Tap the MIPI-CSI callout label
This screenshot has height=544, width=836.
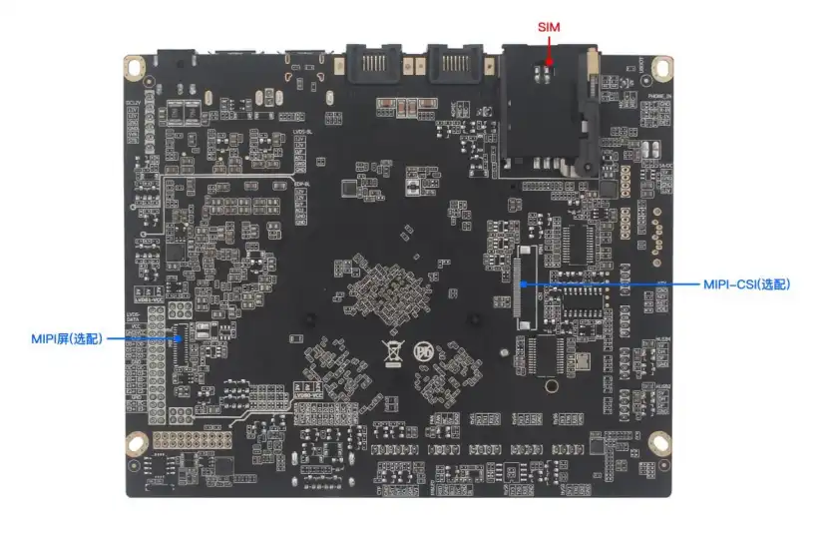pyautogui.click(x=746, y=284)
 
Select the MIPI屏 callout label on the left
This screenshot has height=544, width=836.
pyautogui.click(x=67, y=339)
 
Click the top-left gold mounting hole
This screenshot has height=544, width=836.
pyautogui.click(x=134, y=68)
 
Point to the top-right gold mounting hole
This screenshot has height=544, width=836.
pyautogui.click(x=660, y=68)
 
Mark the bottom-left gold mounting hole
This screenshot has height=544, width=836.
pyautogui.click(x=134, y=442)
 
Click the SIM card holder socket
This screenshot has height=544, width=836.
pyautogui.click(x=549, y=105)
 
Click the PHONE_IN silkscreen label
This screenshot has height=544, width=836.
pyautogui.click(x=659, y=97)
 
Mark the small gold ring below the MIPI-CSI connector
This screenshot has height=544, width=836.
pyautogui.click(x=547, y=382)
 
